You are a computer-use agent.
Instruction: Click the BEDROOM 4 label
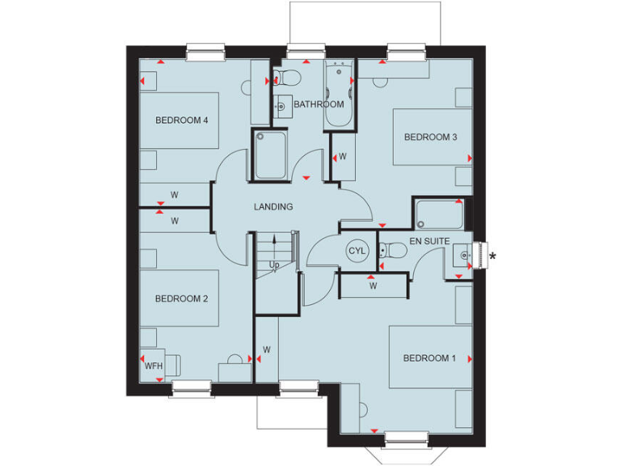[x=182, y=121]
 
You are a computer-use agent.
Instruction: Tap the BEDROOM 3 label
[x=431, y=137]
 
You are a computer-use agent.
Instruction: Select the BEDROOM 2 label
[x=182, y=299]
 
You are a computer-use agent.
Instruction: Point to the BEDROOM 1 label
[x=429, y=358]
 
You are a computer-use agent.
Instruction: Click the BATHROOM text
[x=319, y=104]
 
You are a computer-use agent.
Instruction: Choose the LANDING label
[x=273, y=207]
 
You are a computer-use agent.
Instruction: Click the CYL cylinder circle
[x=357, y=251]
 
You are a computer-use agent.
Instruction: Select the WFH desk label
[x=154, y=366]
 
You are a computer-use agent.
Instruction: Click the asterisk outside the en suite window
[x=492, y=257]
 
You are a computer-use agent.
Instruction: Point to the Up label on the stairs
[x=275, y=265]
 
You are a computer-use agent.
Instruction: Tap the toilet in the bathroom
[x=286, y=78]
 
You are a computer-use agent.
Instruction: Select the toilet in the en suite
[x=391, y=252]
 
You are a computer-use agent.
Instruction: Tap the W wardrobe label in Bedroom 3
[x=343, y=156]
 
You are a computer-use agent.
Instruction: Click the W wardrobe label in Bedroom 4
[x=174, y=195]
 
